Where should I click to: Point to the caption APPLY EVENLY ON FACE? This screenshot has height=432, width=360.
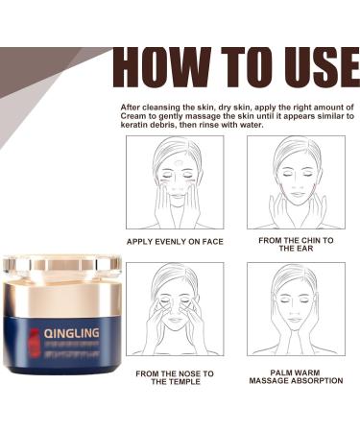point(175,241)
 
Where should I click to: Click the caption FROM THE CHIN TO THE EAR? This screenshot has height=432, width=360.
point(296,245)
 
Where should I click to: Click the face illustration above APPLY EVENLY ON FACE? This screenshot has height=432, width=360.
point(175,181)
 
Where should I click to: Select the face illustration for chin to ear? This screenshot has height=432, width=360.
point(296,181)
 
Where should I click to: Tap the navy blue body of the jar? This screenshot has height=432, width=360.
point(61,341)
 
